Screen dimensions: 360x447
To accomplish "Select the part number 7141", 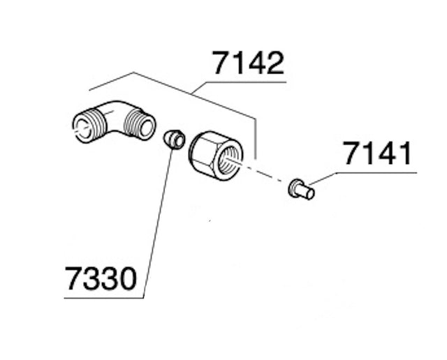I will [x=378, y=154].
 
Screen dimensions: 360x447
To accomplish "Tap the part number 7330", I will [x=101, y=280].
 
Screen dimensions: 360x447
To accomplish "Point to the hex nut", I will [x=215, y=155].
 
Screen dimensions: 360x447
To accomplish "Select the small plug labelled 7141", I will [x=301, y=188].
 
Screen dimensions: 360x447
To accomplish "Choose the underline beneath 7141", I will [x=377, y=172].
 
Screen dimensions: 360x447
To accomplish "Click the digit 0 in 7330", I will [x=126, y=280].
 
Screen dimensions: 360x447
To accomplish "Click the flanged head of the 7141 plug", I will [x=294, y=187].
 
